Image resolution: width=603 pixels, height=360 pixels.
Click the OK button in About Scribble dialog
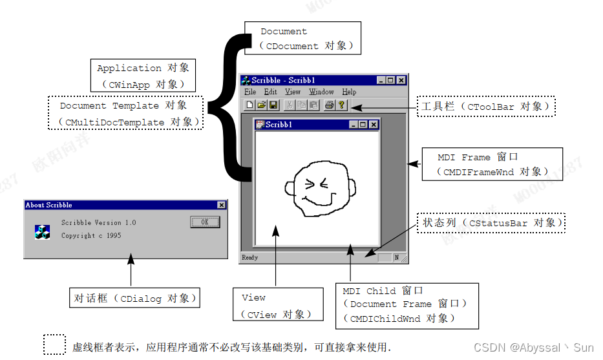pos(205,222)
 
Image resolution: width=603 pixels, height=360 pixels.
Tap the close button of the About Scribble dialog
pos(222,205)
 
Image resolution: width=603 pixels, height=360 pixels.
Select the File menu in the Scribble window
pos(250,92)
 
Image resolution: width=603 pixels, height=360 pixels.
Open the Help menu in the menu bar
pos(349,92)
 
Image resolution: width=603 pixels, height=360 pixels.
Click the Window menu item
pos(321,92)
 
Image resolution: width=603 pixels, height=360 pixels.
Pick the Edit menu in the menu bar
pos(270,92)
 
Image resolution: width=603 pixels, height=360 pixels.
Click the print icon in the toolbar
pos(329,105)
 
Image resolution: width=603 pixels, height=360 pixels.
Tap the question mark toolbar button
pos(341,105)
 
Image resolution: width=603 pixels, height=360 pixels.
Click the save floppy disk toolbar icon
pos(273,105)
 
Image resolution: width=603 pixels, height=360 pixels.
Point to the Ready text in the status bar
pos(249,257)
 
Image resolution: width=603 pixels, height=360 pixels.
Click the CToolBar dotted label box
pos(486,106)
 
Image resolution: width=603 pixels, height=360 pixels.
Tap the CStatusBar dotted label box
pos(491,223)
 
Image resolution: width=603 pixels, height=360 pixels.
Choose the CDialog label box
pos(134,298)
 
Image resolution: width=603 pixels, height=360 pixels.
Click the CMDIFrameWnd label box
pos(491,164)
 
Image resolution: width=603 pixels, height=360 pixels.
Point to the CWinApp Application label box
pos(143,75)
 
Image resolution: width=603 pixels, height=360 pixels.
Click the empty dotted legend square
pos(54,344)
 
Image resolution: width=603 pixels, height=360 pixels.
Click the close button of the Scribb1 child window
pos(373,125)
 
